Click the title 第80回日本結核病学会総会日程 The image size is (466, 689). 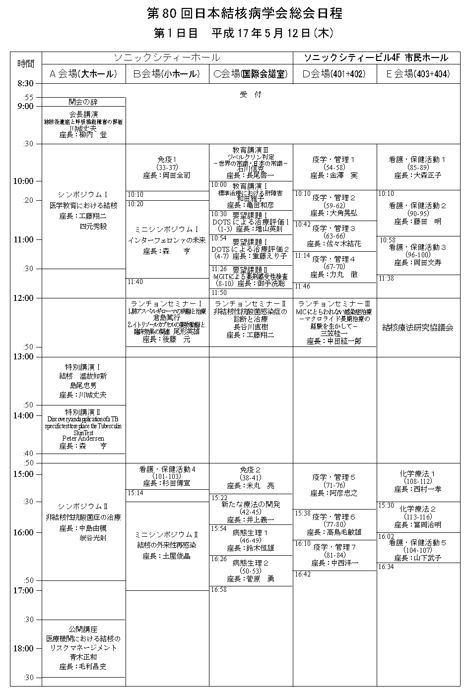pos(245,13)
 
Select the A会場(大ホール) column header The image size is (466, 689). pos(83,74)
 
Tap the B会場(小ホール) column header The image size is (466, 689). pos(167,74)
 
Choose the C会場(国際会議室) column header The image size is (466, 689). pos(251,74)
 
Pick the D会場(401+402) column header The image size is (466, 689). pos(334,74)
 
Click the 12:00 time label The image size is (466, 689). pos(23,298)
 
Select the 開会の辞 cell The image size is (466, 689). pos(83,102)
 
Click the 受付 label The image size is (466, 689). pos(251,94)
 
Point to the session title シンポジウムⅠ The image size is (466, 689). pos(83,194)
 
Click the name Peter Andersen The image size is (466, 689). pos(83,439)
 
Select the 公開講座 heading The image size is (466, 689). pos(83,629)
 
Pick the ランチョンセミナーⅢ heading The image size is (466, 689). pos(334,303)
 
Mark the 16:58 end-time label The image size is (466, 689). pos(219,589)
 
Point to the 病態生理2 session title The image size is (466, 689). pos(251,563)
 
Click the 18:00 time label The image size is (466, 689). pos(23,648)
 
